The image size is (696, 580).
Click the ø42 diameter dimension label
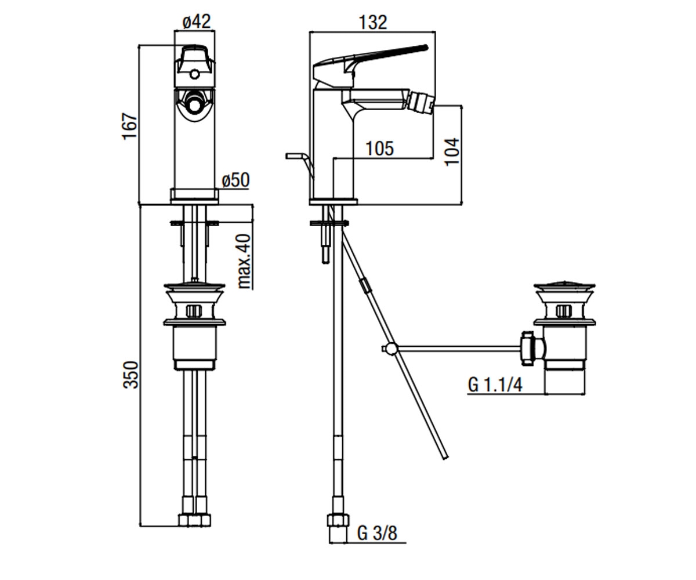[x=197, y=21]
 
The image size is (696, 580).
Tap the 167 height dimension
[x=130, y=126]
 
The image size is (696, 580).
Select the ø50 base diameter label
[x=235, y=180]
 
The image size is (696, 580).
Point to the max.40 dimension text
[x=244, y=262]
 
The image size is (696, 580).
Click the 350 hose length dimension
[x=130, y=375]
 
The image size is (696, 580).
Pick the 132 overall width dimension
[x=373, y=23]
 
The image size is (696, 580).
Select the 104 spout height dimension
[x=452, y=151]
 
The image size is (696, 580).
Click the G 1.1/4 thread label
[x=495, y=385]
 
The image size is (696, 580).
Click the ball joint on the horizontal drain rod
[x=391, y=349]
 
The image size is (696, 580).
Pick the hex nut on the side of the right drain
[x=528, y=349]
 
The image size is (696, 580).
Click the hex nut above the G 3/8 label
[x=338, y=520]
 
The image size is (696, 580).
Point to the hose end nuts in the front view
[x=195, y=521]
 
